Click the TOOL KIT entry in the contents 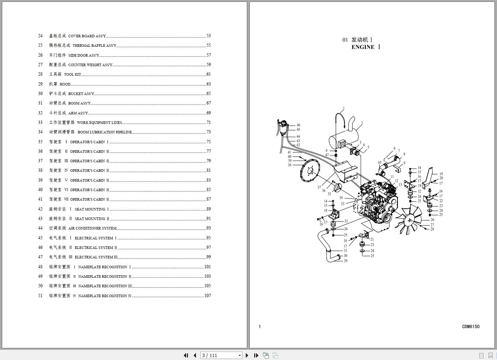coord(72,75)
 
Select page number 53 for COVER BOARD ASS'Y coord(208,36)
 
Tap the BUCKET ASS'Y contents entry coord(81,94)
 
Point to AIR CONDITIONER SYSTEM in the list coord(92,228)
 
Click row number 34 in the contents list coord(40,132)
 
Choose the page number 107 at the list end coord(207,296)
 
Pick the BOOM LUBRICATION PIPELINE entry coord(105,132)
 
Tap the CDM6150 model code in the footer coord(471,327)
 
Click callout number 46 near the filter coord(298,125)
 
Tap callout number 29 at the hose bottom coord(346,261)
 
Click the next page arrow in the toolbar coord(247,355)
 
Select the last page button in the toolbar coord(256,355)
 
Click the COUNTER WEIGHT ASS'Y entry coord(90,65)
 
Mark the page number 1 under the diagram coord(260,327)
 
